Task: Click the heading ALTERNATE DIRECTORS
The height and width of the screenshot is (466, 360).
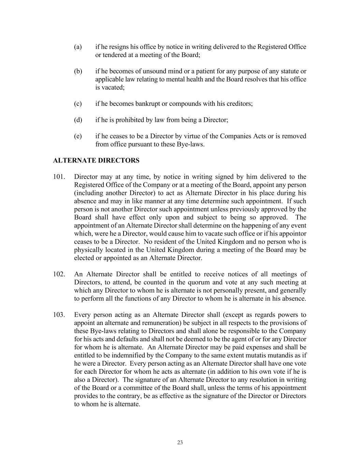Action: (x=96, y=160)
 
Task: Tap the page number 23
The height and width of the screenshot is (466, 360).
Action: (x=180, y=442)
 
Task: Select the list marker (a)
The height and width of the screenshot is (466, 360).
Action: (x=78, y=47)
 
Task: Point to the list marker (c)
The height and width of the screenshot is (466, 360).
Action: (x=78, y=103)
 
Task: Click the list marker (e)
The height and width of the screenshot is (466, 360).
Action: (x=78, y=136)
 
